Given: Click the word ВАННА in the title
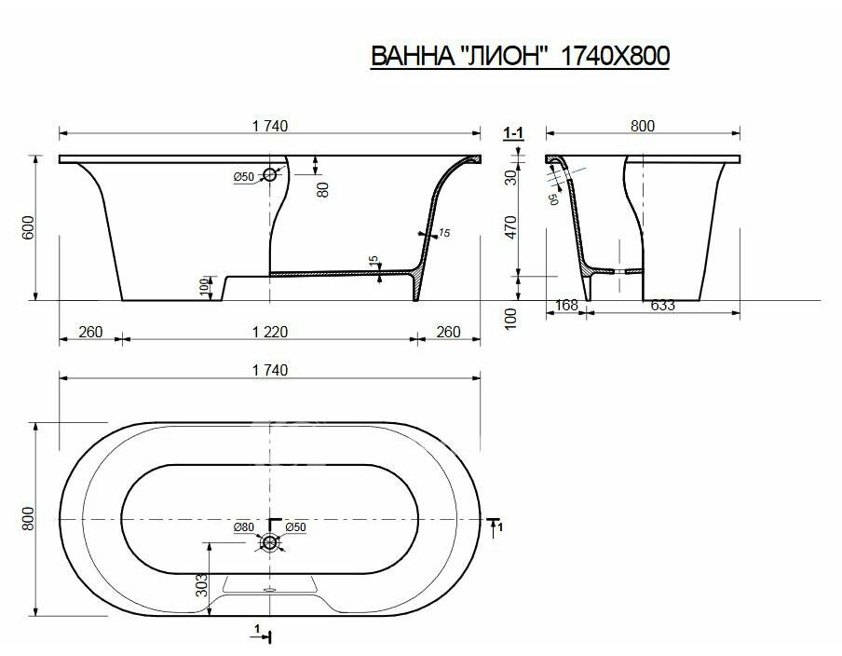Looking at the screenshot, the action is pos(413,56).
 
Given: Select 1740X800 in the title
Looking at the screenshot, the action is pos(615,56).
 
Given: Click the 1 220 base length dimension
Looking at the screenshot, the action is pos(270,332).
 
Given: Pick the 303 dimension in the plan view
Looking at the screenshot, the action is pos(200,585).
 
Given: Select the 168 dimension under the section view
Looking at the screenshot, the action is pos(566,305).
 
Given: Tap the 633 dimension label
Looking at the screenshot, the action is pos(662,305).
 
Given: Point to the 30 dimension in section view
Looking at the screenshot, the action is pos(510,177).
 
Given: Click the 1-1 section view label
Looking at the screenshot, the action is pos(513,132).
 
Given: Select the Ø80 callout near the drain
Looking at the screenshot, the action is pos(243,527).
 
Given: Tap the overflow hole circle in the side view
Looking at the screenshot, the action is pos(269,173).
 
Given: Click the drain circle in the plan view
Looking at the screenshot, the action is pos(271,542).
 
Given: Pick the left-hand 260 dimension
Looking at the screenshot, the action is pos(90,332).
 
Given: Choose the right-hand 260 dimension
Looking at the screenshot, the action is pos(448,332).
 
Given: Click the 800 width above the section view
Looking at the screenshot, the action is pos(643,126).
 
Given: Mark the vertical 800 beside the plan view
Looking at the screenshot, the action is pos(28,518).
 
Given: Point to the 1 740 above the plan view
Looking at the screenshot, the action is pos(270,370).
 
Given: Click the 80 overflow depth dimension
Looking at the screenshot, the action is pos(322,190).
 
